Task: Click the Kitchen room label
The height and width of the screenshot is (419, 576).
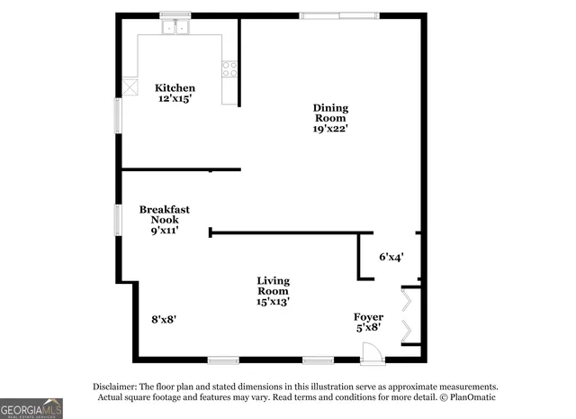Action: coord(175,87)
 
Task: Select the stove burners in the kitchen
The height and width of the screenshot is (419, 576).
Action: coord(229,68)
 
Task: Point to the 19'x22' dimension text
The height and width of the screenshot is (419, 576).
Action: coord(330,128)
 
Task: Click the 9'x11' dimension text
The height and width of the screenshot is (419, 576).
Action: coord(164,230)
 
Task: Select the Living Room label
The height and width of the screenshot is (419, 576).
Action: coord(273,286)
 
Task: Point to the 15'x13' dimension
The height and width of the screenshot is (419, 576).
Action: coord(273,302)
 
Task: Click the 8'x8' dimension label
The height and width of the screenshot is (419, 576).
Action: coord(164,319)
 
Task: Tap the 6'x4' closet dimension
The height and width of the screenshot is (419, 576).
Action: coord(391,257)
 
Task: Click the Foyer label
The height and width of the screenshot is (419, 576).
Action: coord(368,317)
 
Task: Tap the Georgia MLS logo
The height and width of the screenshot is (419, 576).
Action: coord(31,408)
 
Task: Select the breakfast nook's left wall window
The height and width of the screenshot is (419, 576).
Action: coord(117,220)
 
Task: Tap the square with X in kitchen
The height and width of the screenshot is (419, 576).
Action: coord(130,87)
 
